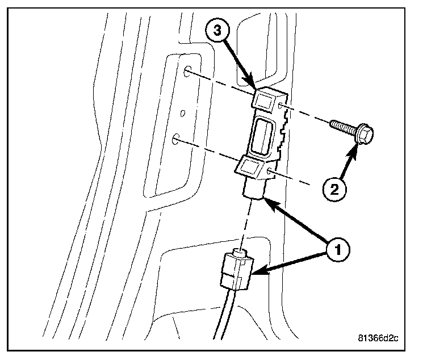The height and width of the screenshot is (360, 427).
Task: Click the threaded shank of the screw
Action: coord(341,127)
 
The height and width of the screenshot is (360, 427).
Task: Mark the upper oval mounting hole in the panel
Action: coord(187,73)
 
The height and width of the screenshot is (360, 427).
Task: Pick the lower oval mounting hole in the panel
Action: coord(177,138)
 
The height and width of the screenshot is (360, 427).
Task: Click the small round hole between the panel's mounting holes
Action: coord(182,113)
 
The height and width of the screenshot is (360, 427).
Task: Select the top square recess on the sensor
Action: coord(265,101)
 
